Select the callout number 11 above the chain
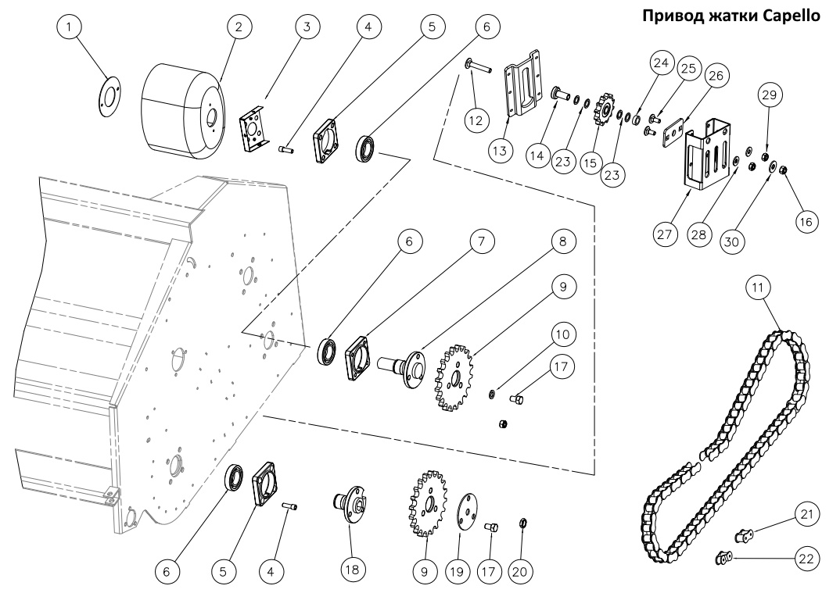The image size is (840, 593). [756, 288]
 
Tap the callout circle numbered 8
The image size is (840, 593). [560, 242]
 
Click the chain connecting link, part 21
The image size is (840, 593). [745, 535]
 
